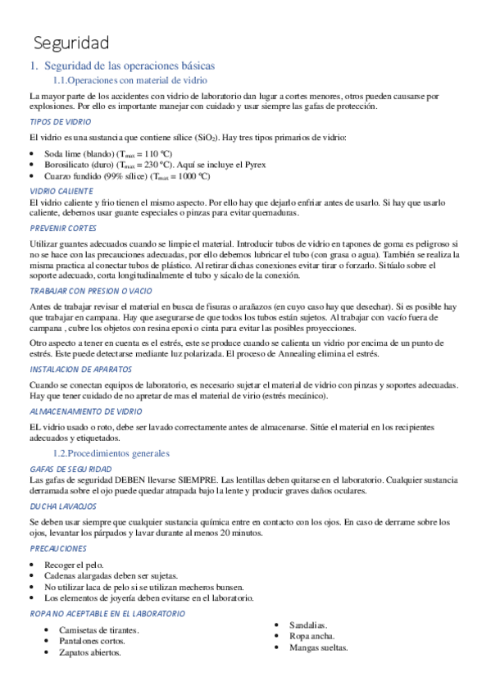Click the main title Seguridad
tap(71, 42)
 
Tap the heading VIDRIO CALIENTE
tap(63, 191)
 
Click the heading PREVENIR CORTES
tap(63, 228)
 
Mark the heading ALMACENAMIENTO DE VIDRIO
tap(85, 411)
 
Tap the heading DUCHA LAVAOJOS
tap(63, 506)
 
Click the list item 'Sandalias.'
tap(308, 625)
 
